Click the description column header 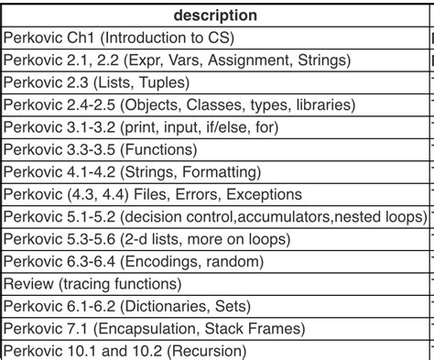pos(216,16)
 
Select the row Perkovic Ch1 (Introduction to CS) pos(119,38)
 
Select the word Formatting pos(222,171)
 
